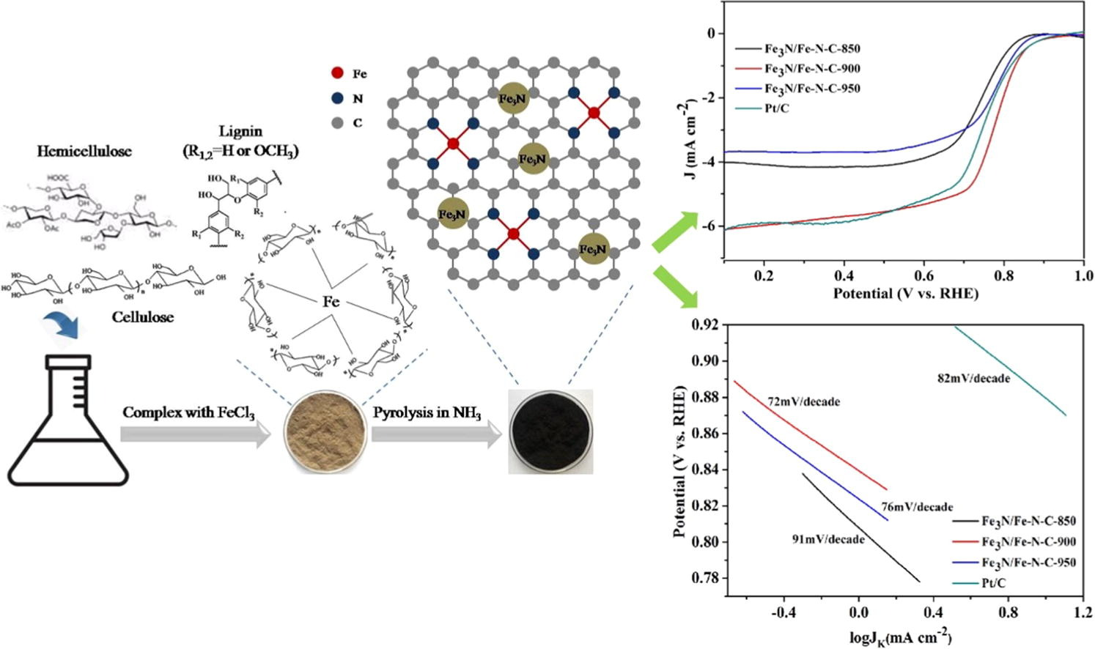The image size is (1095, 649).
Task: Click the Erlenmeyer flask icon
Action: (68, 421)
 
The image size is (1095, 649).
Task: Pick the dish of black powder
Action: (550, 431)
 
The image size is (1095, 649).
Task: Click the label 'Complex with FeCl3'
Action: (188, 412)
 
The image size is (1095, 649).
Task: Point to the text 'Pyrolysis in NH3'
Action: (427, 412)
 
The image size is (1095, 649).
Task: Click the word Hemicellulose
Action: (84, 152)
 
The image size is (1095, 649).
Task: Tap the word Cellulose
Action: (143, 317)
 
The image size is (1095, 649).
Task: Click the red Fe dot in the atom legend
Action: (337, 73)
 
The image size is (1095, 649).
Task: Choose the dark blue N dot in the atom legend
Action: (337, 98)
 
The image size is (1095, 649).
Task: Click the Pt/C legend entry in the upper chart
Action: (778, 108)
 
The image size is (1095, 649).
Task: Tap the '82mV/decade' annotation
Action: (973, 379)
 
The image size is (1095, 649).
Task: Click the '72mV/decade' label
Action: (803, 401)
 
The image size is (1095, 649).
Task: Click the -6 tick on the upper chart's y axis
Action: (710, 226)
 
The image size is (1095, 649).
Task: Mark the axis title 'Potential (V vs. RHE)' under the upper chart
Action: (905, 294)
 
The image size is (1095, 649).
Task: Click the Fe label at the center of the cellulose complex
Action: (331, 301)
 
